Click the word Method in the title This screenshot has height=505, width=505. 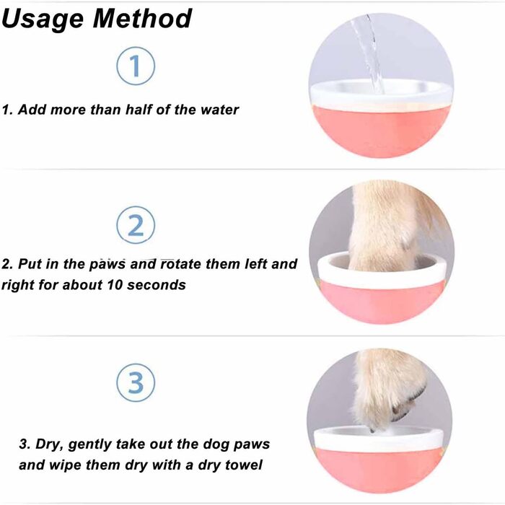(142, 18)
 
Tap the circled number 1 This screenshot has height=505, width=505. (136, 66)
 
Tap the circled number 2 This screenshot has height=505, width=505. (136, 225)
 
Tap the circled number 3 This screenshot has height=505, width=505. (136, 382)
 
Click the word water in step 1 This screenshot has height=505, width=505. (219, 110)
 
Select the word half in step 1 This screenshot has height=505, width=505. (139, 110)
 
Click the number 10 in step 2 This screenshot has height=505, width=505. (114, 285)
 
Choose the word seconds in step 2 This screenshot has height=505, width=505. (157, 285)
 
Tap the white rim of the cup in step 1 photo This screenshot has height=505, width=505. (381, 96)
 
